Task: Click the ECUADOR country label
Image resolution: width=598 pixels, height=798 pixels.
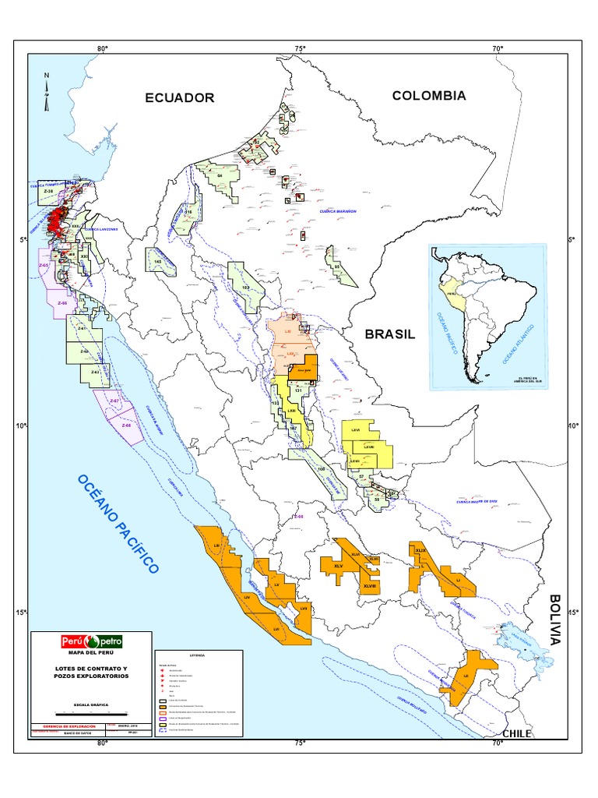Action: [x=179, y=97]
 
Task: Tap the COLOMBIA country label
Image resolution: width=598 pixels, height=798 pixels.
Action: [x=428, y=96]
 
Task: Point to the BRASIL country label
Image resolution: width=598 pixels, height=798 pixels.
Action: [x=390, y=334]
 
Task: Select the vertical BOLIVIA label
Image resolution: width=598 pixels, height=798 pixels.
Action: [x=554, y=620]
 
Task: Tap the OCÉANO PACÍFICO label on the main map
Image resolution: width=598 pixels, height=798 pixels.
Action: [x=118, y=523]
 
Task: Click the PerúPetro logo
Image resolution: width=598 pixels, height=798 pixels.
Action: [x=92, y=641]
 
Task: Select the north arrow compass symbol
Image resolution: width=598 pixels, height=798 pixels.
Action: [x=47, y=90]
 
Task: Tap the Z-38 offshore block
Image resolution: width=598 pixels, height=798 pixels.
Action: [x=47, y=191]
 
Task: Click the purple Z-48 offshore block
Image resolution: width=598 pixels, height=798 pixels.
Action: [x=125, y=425]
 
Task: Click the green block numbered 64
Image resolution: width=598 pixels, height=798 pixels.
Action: [x=220, y=178]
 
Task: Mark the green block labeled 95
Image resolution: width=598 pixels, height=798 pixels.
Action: [x=338, y=267]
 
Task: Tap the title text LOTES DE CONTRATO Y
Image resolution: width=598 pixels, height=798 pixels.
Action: [x=92, y=669]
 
